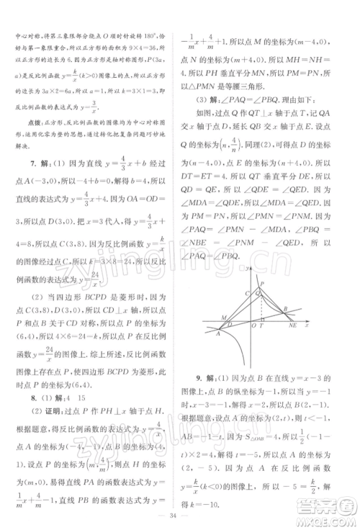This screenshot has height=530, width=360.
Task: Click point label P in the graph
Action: coord(262,283)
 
